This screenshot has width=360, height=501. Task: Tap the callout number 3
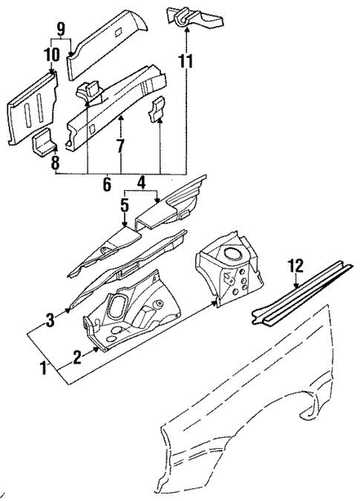[50, 320]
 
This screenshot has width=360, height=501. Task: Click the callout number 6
[105, 181]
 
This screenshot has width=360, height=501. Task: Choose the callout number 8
[54, 163]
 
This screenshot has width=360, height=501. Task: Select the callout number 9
[61, 30]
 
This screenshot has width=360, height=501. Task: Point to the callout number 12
[296, 265]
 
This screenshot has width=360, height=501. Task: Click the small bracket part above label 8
[42, 140]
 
